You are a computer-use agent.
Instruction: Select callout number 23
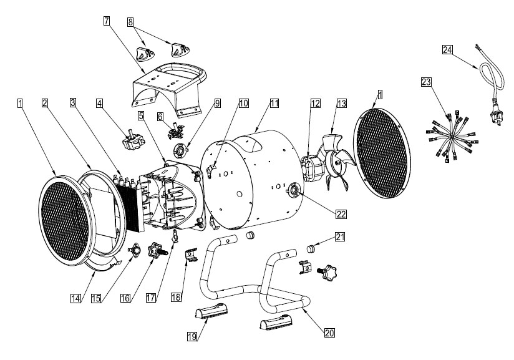pos(426,80)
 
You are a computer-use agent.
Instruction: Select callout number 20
pos(329,332)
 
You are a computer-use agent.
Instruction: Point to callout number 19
pos(194,337)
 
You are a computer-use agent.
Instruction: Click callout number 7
pos(107,21)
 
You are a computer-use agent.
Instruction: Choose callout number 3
pos(74,101)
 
